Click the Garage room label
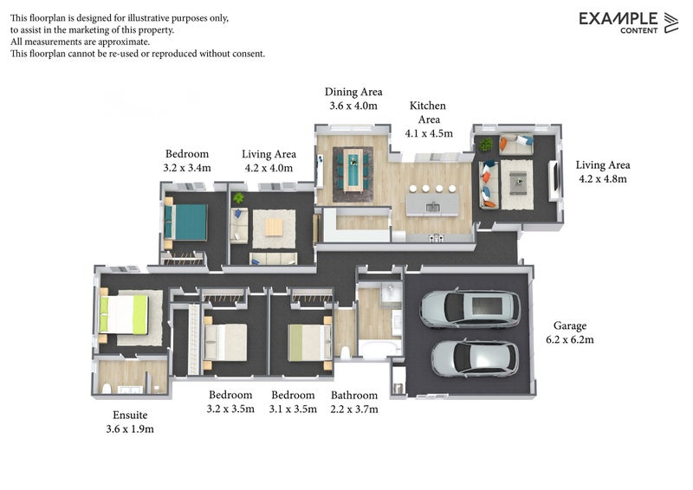point(570,326)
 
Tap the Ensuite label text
point(130,416)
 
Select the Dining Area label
point(353,92)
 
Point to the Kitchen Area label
point(428,113)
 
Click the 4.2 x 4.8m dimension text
point(603,179)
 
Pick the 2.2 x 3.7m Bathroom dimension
point(354,409)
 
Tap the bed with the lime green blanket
point(124,314)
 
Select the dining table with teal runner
point(353,170)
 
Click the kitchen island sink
point(431,207)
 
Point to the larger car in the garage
point(470,309)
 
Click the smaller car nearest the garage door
point(475,358)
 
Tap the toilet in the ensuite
point(107,389)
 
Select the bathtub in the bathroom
point(380,348)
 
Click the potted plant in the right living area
point(486,144)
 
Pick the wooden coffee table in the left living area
point(274,228)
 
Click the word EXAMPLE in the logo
point(619,19)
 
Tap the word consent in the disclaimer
point(248,54)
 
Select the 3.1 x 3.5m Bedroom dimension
point(293,409)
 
